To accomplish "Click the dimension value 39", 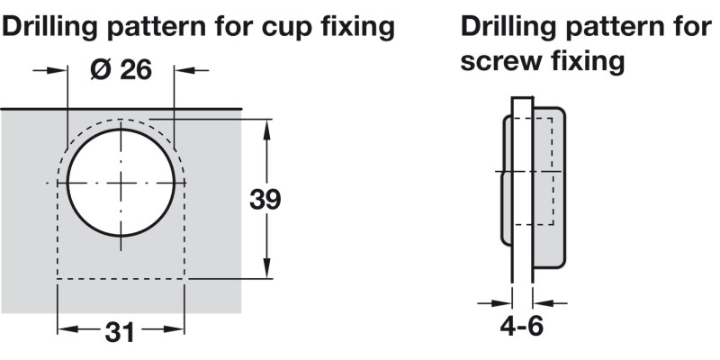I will [x=265, y=199].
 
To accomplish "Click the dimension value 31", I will [x=121, y=332].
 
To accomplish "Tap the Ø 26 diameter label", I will [x=121, y=69].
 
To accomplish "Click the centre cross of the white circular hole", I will [x=120, y=183].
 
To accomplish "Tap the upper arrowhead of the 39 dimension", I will [x=267, y=127].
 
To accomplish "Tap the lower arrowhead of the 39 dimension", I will [x=267, y=273].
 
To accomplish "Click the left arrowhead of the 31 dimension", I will [x=66, y=330].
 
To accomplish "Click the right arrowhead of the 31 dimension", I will [x=180, y=330].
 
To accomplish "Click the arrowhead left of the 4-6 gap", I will [x=503, y=301].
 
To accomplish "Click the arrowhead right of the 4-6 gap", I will [x=542, y=301].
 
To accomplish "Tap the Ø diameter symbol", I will [x=100, y=69].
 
